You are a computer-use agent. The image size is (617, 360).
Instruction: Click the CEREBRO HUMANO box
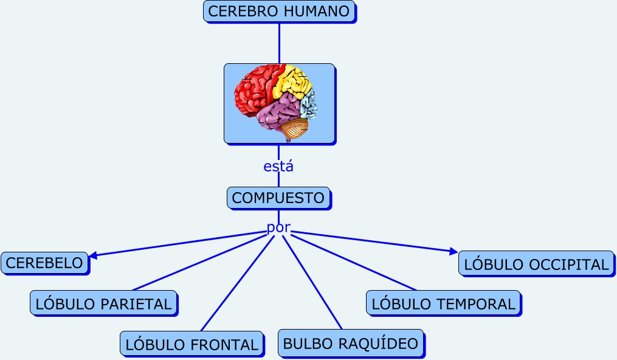point(278,12)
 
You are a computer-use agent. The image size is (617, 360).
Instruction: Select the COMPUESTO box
point(278,198)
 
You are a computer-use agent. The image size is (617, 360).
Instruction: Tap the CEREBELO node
point(44,263)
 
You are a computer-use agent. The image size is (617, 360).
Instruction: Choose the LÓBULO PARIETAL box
point(104,303)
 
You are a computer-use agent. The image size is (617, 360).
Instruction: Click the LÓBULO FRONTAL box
point(191,344)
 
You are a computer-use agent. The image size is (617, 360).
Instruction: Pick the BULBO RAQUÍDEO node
point(351,343)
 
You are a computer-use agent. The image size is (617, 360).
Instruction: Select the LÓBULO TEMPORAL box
point(443,303)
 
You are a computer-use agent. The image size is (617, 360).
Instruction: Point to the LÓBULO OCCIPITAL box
point(536,264)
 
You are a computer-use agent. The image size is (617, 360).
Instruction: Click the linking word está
point(278,166)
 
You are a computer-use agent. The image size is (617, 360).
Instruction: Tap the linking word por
point(278,227)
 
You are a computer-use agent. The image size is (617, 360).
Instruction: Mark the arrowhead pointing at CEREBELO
point(93,255)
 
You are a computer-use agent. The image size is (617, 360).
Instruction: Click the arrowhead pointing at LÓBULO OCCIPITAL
point(453,251)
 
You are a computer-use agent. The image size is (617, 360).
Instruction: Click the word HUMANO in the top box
point(320,12)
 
